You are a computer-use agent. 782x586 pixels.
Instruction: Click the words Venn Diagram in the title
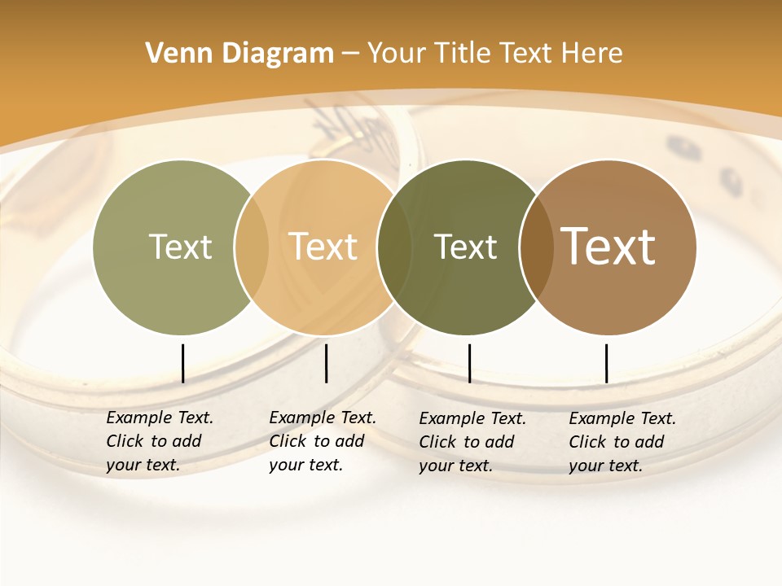pyautogui.click(x=239, y=54)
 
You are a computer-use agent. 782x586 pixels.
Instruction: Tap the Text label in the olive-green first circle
pyautogui.click(x=180, y=247)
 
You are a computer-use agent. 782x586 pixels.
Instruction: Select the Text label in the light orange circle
pyautogui.click(x=323, y=247)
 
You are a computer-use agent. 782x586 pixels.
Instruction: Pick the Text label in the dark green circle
pyautogui.click(x=465, y=247)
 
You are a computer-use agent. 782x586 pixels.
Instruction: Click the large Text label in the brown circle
pyautogui.click(x=608, y=247)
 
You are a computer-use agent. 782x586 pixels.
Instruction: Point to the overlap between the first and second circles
pyautogui.click(x=252, y=247)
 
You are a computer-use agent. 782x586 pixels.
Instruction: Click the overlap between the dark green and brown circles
pyautogui.click(x=536, y=247)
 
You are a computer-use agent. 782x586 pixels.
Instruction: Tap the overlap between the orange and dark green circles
pyautogui.click(x=394, y=247)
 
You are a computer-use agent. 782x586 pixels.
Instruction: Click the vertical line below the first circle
pyautogui.click(x=182, y=363)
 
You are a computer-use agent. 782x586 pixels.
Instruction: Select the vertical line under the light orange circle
pyautogui.click(x=326, y=363)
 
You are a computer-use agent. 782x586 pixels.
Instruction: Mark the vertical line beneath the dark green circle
pyautogui.click(x=469, y=363)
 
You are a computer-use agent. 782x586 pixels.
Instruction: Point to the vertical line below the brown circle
pyautogui.click(x=606, y=363)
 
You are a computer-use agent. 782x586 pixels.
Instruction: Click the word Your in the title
pyautogui.click(x=397, y=54)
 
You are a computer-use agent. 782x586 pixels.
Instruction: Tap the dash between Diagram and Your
pyautogui.click(x=350, y=55)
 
